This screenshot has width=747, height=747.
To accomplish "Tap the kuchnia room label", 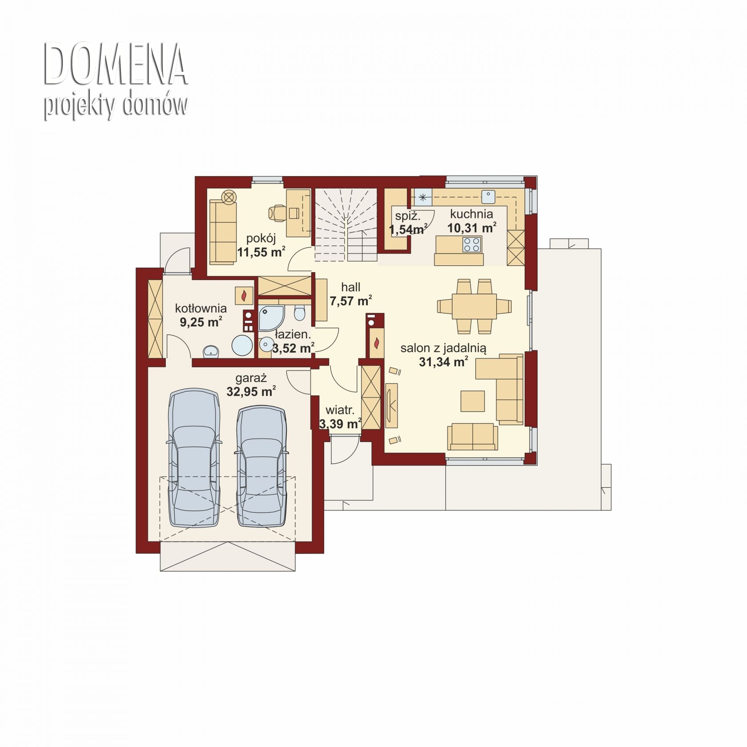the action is click(471, 214).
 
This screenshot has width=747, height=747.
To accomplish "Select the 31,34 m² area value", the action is click(443, 362).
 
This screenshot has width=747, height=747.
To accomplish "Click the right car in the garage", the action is click(261, 466).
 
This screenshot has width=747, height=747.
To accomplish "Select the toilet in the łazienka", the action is click(300, 312).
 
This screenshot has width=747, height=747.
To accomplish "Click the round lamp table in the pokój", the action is click(229, 197).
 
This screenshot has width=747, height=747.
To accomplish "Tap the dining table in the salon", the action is click(474, 306).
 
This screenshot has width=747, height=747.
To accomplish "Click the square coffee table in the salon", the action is click(473, 401).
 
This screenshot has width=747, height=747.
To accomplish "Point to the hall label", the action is click(351, 287).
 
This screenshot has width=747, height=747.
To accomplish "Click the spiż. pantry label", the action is click(408, 217).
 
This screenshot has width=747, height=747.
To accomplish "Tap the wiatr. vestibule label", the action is click(340, 410).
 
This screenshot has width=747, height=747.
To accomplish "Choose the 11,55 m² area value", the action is click(261, 252).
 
